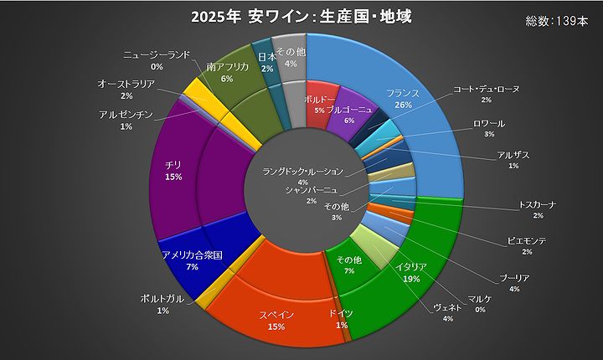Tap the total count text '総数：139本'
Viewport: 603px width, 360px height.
pyautogui.click(x=556, y=23)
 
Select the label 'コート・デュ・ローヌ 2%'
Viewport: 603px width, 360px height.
pyautogui.click(x=486, y=93)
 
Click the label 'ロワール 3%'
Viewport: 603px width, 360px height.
pyautogui.click(x=488, y=128)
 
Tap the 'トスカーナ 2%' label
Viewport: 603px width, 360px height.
pyautogui.click(x=537, y=209)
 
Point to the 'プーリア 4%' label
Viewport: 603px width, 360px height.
pyautogui.click(x=513, y=283)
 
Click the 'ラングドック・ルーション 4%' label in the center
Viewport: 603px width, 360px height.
pyautogui.click(x=302, y=176)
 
